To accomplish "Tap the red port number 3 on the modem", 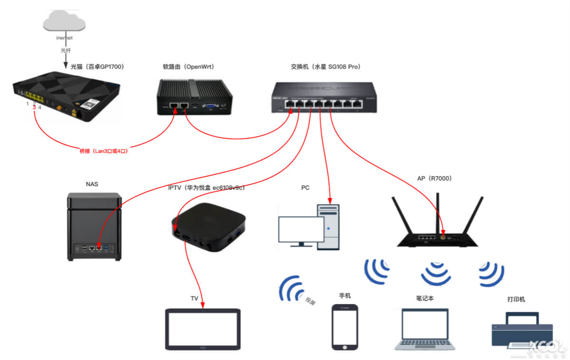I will tap(34, 108).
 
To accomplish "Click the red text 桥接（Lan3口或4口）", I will tap(104, 151).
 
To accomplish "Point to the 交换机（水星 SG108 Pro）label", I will tap(325, 67).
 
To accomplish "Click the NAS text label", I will tap(92, 184).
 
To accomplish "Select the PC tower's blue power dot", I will tap(329, 228).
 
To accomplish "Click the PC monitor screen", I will tap(301, 229).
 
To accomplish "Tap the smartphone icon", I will tap(344, 327).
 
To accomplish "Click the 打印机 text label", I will tap(516, 300).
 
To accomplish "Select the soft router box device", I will tap(195, 97).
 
